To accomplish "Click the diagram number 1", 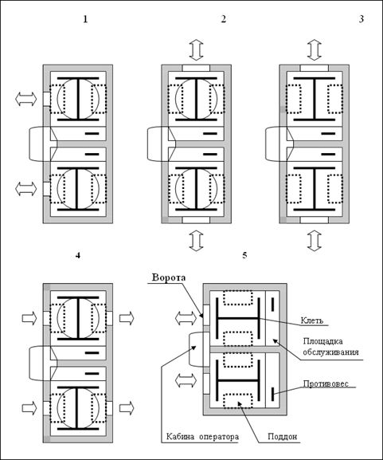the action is pos(85,19).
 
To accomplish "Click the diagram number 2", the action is pos(224,19).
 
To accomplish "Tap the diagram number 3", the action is pos(362,19).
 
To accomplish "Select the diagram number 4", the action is pos(78,256).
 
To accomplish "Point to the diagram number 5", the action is pos(244,256).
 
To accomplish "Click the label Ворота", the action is pos(169,277).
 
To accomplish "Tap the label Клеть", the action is pos(312,320).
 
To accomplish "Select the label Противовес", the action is pos(326,383).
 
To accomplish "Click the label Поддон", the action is pos(283,437).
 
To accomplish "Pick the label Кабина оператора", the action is pos(202,437).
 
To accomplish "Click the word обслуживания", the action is pos(330,352).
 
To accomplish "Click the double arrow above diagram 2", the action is pos(197,50).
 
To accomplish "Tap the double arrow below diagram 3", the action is pos(315,241).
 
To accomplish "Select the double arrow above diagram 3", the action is pos(315,50).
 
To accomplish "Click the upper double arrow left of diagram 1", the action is pos(26,99).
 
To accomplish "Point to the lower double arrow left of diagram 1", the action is pos(26,189).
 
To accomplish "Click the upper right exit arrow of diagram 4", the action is pos(127,318).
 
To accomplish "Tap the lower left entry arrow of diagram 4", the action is pos(29,407).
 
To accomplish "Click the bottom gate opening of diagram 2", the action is pos(196,220).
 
